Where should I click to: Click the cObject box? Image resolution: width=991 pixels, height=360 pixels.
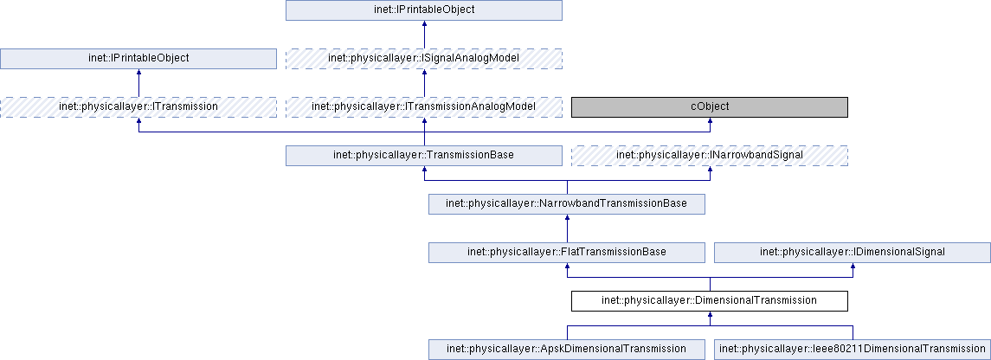click(x=709, y=106)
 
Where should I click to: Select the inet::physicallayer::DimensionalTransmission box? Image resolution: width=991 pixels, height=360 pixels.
click(x=709, y=300)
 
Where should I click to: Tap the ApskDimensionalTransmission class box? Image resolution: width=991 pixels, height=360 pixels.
click(x=567, y=349)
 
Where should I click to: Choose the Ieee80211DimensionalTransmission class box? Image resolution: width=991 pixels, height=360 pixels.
click(x=853, y=349)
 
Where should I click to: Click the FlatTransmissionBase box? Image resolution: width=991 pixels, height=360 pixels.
click(x=567, y=252)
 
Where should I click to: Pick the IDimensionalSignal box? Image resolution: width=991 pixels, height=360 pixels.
click(x=853, y=252)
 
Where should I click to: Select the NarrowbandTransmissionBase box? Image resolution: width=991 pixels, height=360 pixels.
click(x=567, y=203)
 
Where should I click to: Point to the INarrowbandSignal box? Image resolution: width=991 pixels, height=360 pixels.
click(x=709, y=155)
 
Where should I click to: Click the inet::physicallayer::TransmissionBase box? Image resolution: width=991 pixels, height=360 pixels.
click(x=424, y=155)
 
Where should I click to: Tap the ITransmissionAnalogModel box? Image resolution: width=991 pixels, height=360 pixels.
click(x=424, y=106)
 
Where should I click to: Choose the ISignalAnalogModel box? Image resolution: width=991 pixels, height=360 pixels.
click(x=424, y=58)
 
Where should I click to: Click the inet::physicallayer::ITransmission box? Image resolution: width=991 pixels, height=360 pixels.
click(x=138, y=106)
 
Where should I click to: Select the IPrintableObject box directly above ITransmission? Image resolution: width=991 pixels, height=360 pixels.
click(x=138, y=58)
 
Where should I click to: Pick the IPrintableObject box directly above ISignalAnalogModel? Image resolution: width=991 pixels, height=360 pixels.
click(x=424, y=10)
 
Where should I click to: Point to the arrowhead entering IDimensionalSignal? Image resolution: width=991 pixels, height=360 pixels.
click(x=853, y=268)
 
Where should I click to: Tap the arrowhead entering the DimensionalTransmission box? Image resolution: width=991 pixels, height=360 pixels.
click(x=710, y=317)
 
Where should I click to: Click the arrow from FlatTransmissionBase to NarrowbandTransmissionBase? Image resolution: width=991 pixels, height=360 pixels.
click(x=567, y=230)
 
